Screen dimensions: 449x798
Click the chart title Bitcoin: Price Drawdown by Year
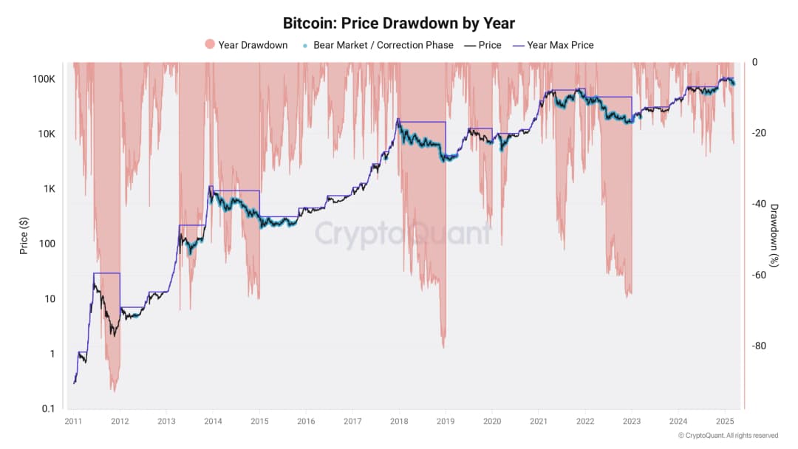(x=399, y=23)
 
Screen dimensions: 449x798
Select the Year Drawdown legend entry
(x=246, y=45)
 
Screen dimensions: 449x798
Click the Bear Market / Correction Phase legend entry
(x=378, y=45)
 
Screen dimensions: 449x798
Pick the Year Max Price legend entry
(x=554, y=45)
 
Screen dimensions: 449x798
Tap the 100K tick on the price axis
(x=43, y=79)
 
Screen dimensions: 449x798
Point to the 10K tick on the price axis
(x=45, y=134)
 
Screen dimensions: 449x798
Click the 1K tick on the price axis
(x=47, y=189)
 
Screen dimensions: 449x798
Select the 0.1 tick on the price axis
(x=47, y=408)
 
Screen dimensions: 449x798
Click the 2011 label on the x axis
(x=72, y=421)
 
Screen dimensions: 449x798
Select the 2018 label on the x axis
(x=399, y=421)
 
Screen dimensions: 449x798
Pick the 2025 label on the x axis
(x=726, y=421)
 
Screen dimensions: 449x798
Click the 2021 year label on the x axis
(x=539, y=421)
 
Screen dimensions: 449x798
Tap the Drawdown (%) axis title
(x=774, y=235)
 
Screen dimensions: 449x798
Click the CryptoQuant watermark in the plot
(x=403, y=234)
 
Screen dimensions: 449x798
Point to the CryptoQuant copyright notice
(x=728, y=436)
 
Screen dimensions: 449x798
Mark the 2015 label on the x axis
(x=259, y=421)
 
